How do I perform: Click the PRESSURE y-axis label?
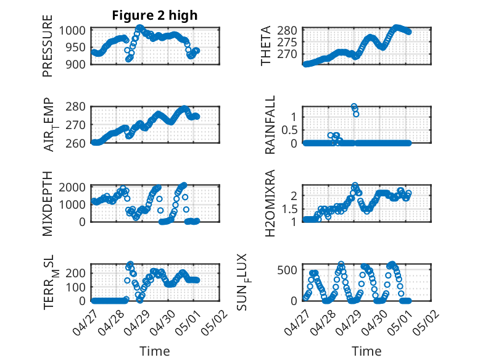click(x=48, y=51)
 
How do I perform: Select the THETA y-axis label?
click(x=267, y=46)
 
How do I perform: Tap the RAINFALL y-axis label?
click(x=270, y=125)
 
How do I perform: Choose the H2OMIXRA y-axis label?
click(x=270, y=204)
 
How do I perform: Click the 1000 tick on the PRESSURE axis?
click(x=75, y=30)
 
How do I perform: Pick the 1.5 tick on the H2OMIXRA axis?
click(x=291, y=209)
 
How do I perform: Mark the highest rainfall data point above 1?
click(x=354, y=106)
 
